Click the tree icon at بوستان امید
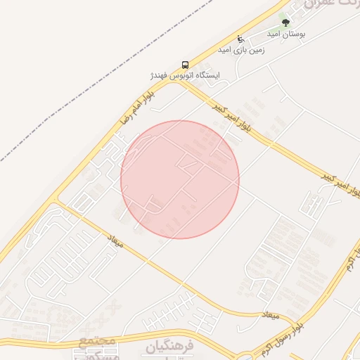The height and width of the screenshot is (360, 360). coord(285,22)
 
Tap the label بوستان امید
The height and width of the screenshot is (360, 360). coord(285,34)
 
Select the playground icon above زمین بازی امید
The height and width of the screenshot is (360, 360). coord(241,39)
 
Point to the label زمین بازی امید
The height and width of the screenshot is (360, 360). coord(240,50)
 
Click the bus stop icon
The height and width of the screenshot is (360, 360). coord(186,64)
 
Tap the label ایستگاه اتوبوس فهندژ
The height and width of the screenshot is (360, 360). coord(185,75)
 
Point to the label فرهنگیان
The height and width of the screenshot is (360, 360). coord(163,347)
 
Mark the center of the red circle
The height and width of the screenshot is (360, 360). coord(180,179)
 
